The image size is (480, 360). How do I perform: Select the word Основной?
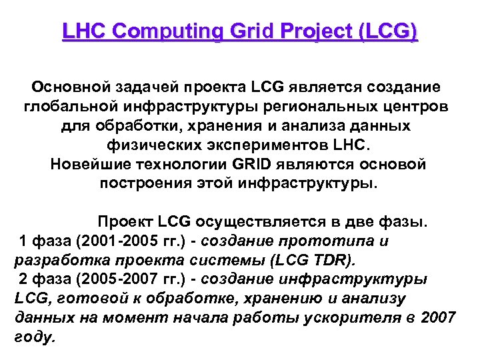[69, 87]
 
